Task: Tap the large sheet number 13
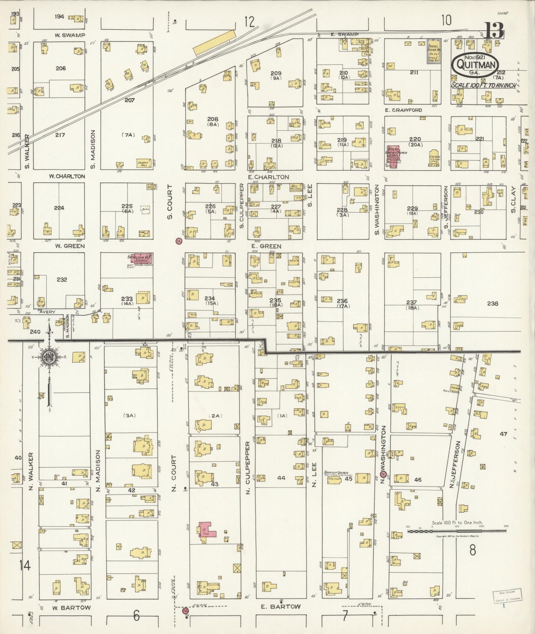coord(495,30)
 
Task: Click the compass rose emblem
coord(49,357)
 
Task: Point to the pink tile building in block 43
coord(205,532)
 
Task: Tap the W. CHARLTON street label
coord(67,176)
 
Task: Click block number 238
coord(492,303)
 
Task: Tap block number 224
coord(59,208)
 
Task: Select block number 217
coord(60,135)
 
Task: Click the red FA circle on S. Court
coord(178,241)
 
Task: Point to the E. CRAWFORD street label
coord(403,110)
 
